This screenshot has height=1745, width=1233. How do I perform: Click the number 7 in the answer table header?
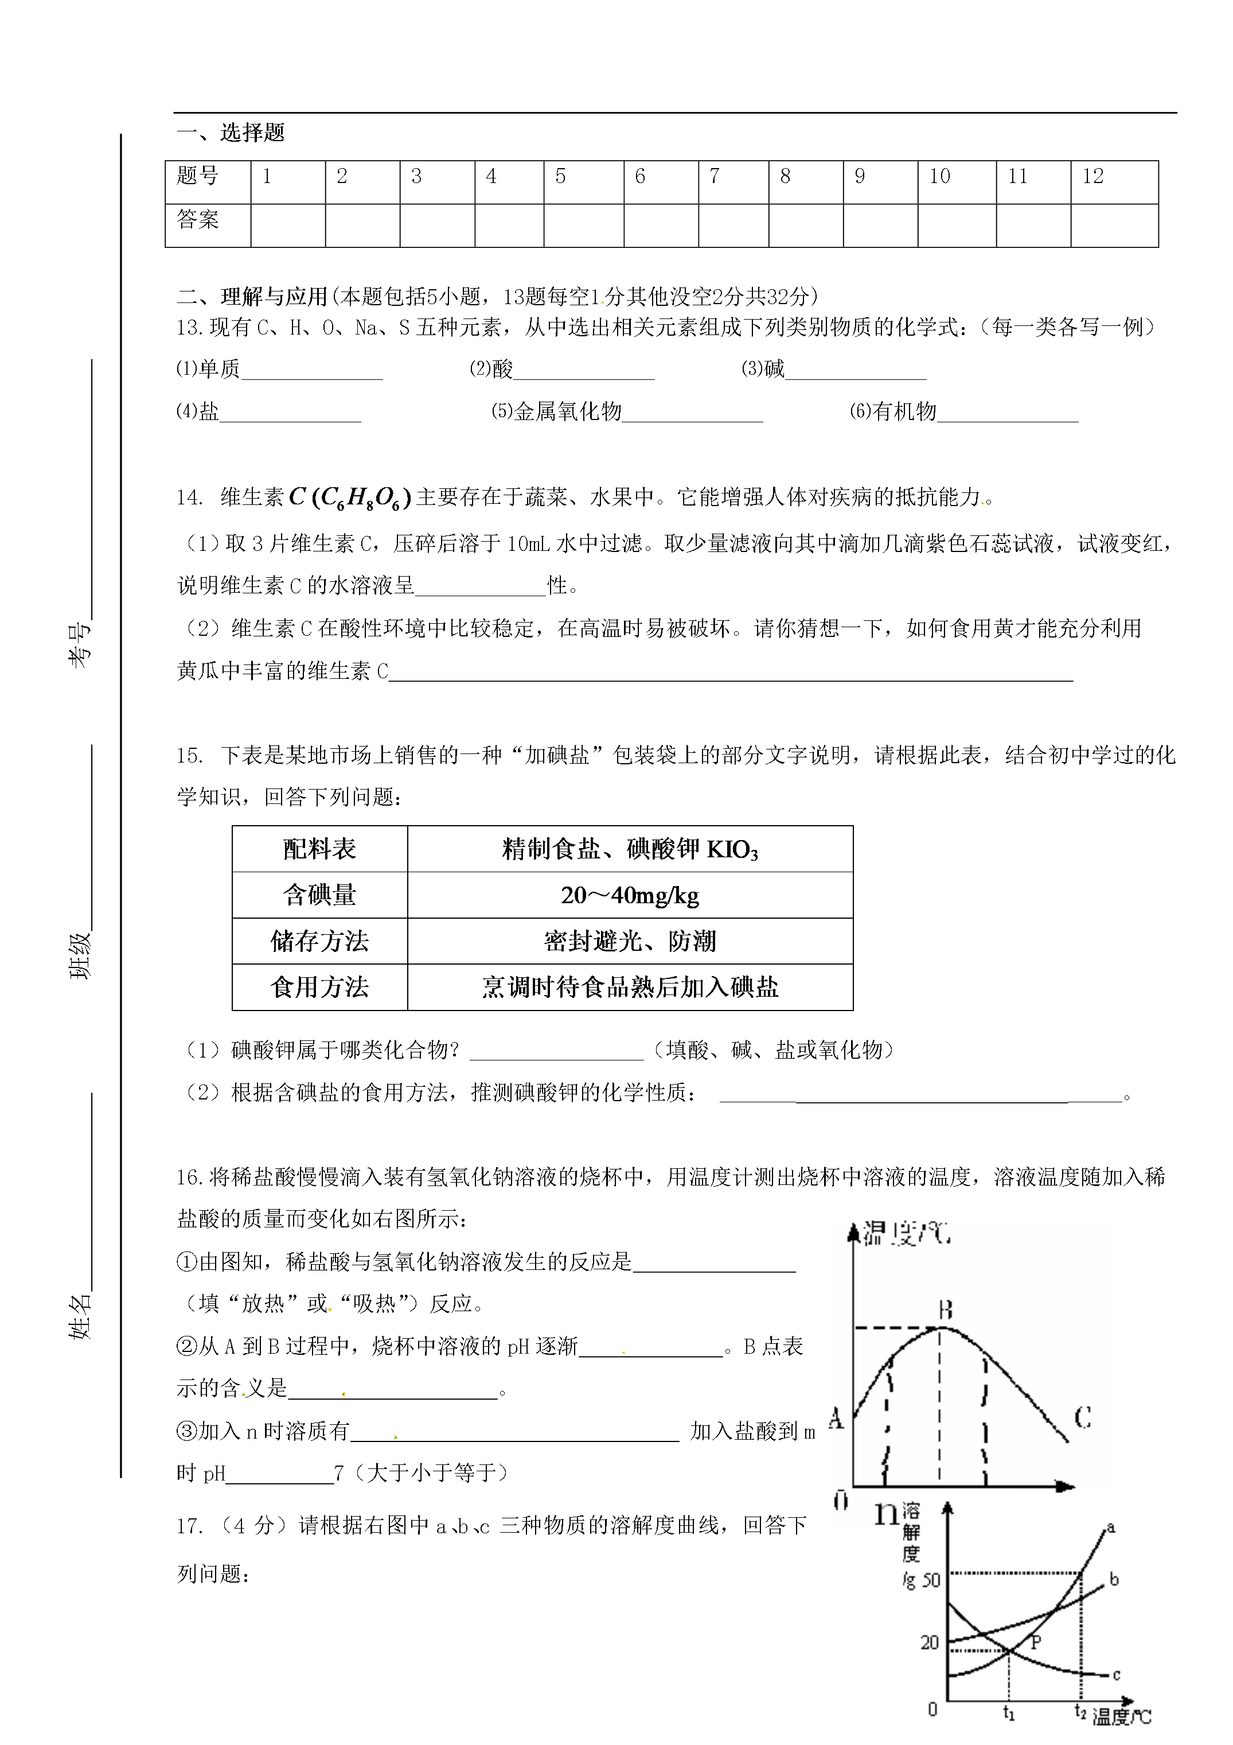[714, 177]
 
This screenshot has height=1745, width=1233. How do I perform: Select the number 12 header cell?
[1092, 177]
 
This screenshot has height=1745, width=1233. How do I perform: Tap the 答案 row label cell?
[198, 221]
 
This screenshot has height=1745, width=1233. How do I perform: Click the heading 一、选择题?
[230, 133]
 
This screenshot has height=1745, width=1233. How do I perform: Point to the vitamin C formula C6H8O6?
[350, 498]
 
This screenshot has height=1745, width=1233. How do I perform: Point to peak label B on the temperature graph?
[946, 1309]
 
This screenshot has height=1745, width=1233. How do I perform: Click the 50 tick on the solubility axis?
[931, 1581]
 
